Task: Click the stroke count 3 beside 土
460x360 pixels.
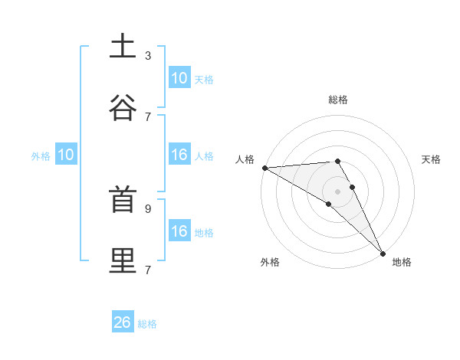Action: coord(148,55)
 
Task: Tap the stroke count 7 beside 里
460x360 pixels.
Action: coord(148,270)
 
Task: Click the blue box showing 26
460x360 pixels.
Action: coord(123,322)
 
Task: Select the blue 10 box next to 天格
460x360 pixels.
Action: coord(179,77)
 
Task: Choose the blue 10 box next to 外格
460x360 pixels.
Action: coord(66,155)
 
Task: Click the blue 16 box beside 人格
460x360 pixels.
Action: coord(179,155)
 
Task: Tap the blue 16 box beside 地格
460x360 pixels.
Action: coord(179,231)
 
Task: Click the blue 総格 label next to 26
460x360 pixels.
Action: coord(147,324)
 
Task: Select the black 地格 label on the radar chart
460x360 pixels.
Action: coord(402,262)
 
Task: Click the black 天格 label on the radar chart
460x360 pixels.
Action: coord(431,159)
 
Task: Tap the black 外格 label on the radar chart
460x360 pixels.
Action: coord(270,262)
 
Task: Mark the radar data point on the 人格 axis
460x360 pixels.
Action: coord(264,167)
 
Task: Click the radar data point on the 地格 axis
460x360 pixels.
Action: coord(383,253)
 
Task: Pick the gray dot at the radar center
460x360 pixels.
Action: coord(337,191)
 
